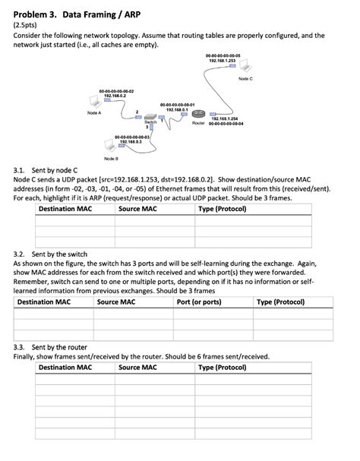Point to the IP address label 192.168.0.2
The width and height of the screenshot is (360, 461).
(115, 96)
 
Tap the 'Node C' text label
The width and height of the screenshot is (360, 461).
(245, 79)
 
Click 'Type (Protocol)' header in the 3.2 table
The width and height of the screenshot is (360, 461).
(280, 302)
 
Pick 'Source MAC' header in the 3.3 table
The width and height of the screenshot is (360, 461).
(137, 368)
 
